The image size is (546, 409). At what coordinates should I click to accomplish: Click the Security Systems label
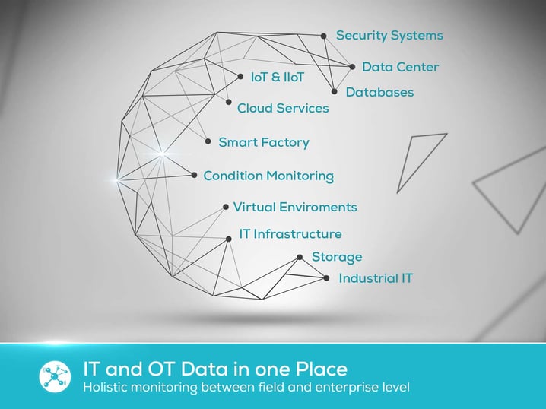[389, 36]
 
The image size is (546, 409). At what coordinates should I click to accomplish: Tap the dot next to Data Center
[352, 67]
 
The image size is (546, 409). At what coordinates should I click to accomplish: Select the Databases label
[379, 92]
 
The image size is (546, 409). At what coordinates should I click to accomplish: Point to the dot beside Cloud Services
[228, 102]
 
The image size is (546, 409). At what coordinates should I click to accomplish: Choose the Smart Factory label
[263, 142]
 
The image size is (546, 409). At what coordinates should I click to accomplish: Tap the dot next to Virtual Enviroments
[226, 207]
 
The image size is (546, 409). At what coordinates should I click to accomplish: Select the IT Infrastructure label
[290, 234]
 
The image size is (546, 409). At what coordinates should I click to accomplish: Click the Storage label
[337, 257]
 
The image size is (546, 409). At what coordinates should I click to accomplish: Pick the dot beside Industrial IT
[326, 278]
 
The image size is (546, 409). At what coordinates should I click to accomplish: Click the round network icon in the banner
[56, 377]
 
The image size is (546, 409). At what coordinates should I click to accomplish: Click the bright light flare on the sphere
[119, 179]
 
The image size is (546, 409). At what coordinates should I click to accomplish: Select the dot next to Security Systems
[323, 36]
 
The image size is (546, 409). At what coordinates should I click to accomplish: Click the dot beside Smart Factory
[208, 141]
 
